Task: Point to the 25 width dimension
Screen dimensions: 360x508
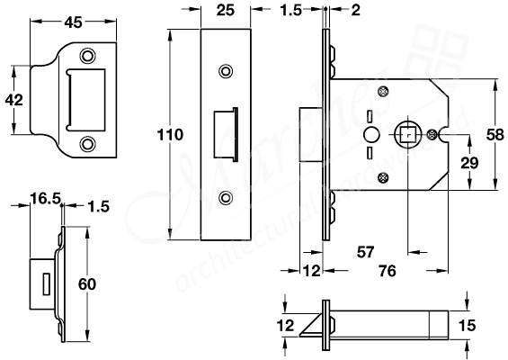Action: [226, 12]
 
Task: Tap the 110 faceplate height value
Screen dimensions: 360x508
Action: [169, 135]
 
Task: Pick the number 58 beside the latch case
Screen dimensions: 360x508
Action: [493, 134]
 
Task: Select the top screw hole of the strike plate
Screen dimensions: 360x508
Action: [87, 52]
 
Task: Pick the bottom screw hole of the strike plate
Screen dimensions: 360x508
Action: [87, 142]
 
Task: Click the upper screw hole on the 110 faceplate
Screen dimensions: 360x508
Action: [225, 69]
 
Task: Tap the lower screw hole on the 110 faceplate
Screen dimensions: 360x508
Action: [225, 197]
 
